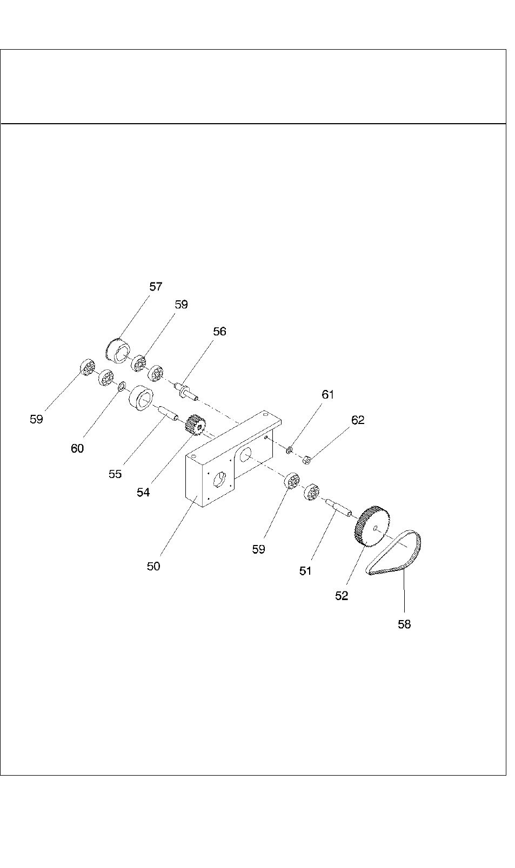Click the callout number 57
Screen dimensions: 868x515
[x=156, y=287]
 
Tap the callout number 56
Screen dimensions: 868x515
[x=219, y=332]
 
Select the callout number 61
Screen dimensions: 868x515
[x=328, y=395]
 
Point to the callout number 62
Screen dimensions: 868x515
[x=358, y=420]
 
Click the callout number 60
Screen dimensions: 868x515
[x=77, y=448]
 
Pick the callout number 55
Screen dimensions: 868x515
[x=115, y=474]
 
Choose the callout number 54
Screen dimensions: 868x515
[x=143, y=493]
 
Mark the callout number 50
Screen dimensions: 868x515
[x=153, y=566]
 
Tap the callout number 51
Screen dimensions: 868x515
[x=305, y=571]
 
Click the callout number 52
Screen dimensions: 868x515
[x=342, y=596]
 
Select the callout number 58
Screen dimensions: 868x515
[x=404, y=624]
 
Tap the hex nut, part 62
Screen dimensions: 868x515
[x=306, y=460]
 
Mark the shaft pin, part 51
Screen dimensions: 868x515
[x=339, y=507]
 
